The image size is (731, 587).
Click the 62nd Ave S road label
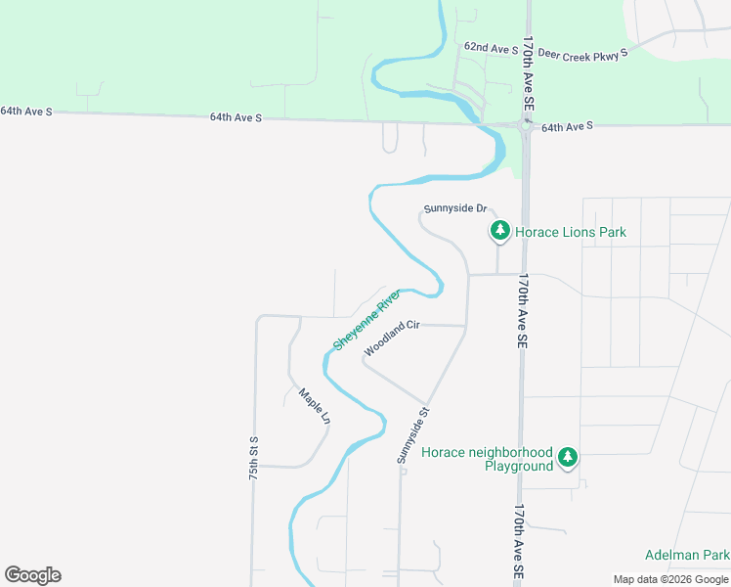491,47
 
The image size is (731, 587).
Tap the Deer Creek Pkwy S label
579,56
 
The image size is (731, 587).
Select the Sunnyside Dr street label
454,208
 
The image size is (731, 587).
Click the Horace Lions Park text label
571,232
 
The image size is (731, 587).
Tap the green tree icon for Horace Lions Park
499,231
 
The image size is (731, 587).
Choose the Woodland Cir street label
391,339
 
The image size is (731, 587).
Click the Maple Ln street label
315,406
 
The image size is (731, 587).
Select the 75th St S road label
253,458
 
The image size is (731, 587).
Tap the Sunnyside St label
413,435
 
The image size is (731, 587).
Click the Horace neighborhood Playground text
487,459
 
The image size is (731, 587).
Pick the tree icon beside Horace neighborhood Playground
568,457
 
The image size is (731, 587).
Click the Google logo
32,575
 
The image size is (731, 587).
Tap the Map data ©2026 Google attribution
670,579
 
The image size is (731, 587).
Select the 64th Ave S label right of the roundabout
567,127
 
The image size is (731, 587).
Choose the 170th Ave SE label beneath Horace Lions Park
522,311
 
